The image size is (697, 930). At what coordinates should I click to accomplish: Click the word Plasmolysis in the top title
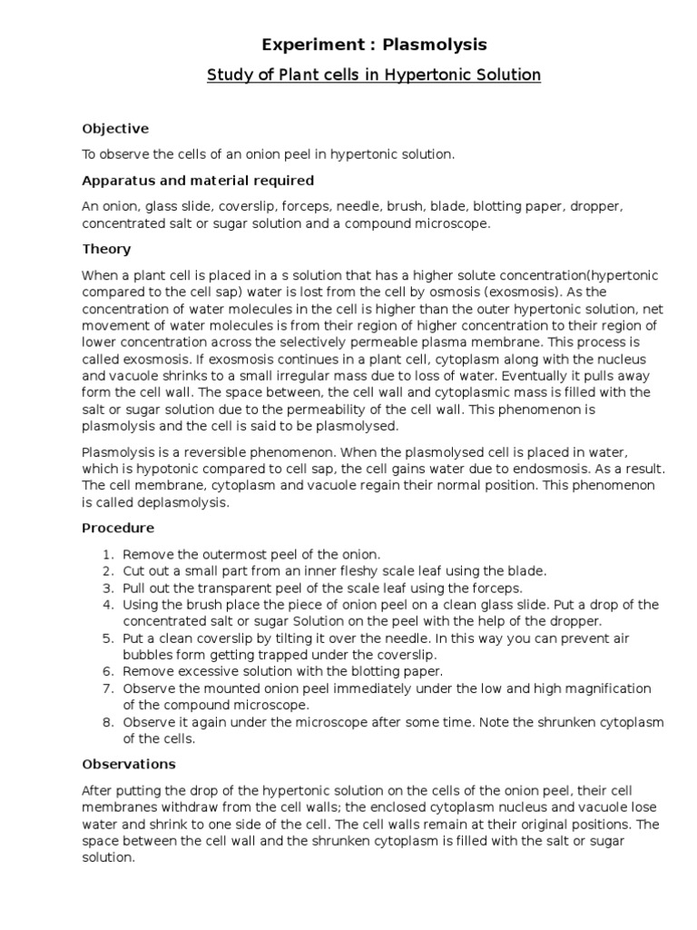pos(435,44)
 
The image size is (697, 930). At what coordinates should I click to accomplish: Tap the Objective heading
pos(115,129)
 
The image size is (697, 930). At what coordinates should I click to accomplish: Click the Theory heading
pos(106,249)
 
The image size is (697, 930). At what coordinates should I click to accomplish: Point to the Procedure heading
pos(118,528)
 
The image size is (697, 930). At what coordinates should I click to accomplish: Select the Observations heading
pos(129,764)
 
